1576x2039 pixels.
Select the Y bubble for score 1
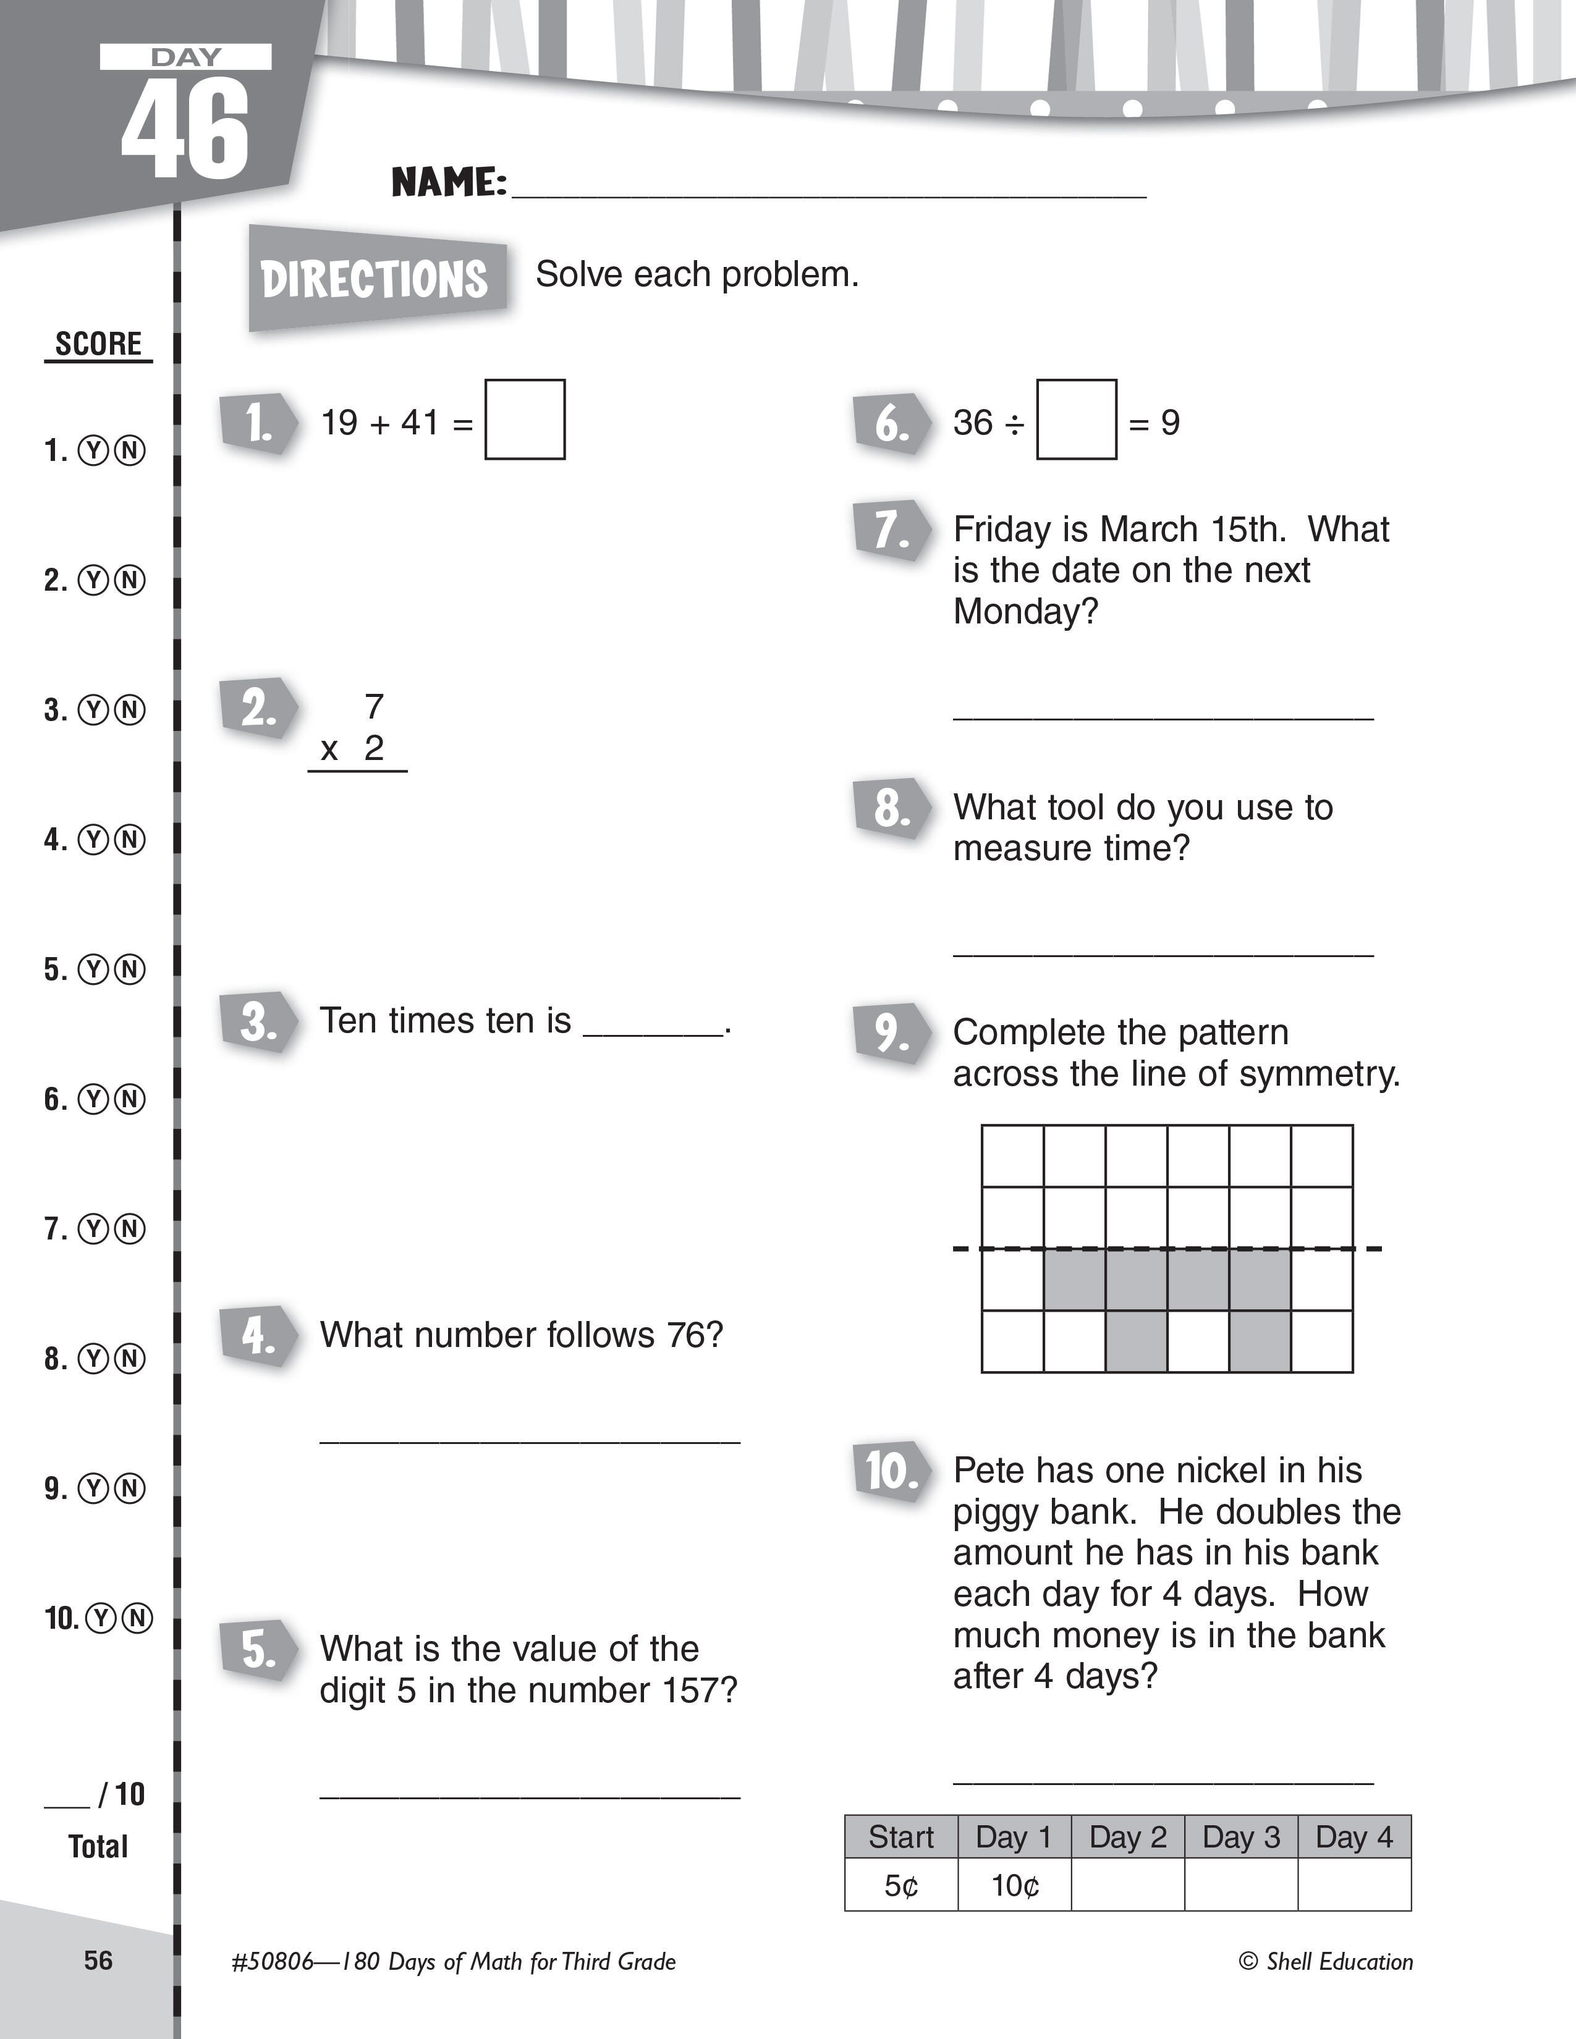93,452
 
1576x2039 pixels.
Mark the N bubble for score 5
130,970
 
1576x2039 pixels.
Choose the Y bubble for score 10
100,1618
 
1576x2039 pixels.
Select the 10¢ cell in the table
1014,1886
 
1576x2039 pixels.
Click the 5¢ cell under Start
901,1886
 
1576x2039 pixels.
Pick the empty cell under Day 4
1354,1886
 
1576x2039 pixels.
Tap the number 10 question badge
891,1471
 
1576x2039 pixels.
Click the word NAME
448,182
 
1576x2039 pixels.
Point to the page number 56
98,1961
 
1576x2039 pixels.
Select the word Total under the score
98,1847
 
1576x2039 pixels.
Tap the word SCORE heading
98,344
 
